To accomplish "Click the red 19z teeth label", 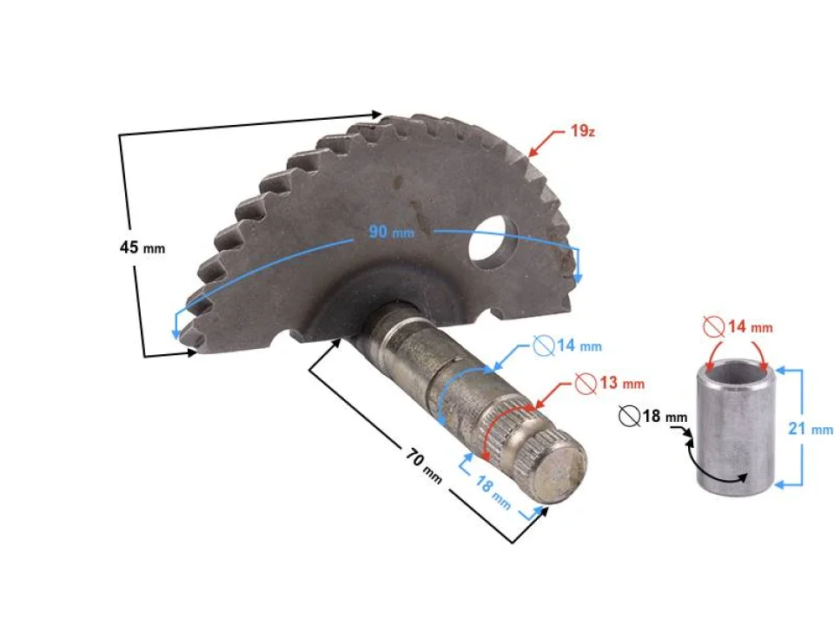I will click(582, 132).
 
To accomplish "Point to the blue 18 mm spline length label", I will click(492, 492).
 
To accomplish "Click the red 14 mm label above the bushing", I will click(738, 327).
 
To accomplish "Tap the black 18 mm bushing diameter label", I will click(652, 417).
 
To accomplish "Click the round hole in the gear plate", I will click(493, 240).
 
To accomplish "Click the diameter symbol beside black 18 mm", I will click(629, 417).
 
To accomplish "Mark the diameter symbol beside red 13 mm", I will click(586, 382).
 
